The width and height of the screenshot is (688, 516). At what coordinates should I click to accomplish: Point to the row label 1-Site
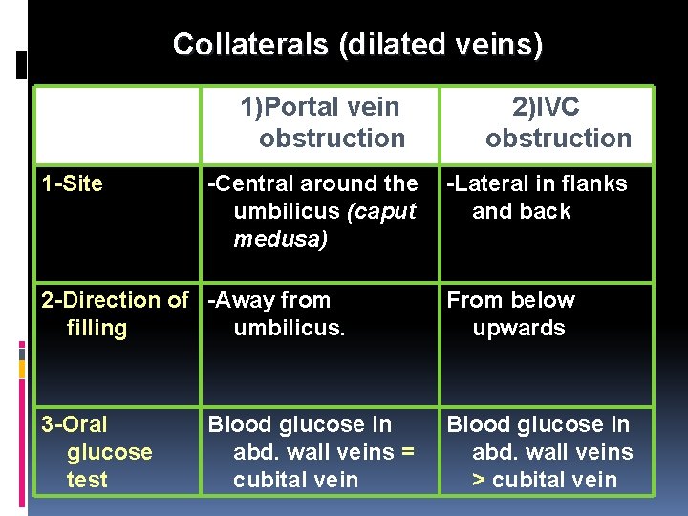coord(73,184)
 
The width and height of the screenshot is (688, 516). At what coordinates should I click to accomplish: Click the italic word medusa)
coord(281,239)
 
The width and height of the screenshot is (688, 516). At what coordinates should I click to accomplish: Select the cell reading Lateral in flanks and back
coord(537,197)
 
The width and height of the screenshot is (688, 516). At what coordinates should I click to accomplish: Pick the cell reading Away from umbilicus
coord(277,313)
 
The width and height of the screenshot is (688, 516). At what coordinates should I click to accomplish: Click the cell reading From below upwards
coord(511,313)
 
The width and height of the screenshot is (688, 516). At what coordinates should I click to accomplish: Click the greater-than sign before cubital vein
coord(479,480)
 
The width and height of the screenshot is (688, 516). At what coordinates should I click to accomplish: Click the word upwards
coord(519,328)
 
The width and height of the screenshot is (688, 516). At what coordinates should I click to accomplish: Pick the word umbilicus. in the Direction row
coord(289,328)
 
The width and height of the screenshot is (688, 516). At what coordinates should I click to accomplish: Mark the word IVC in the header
coord(560,108)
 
